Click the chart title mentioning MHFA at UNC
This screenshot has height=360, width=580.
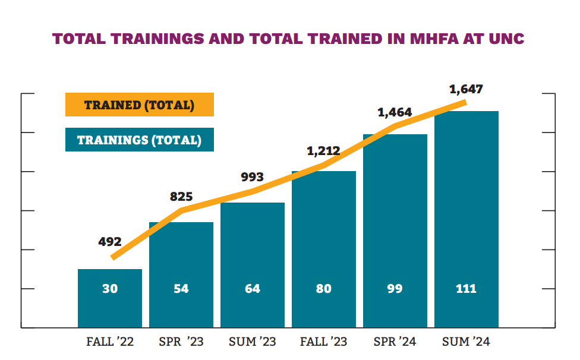(288, 39)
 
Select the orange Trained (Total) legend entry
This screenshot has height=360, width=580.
(139, 106)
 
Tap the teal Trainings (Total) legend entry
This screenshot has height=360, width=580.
(139, 140)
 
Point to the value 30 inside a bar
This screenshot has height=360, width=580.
(110, 289)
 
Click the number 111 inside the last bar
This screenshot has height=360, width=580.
(466, 289)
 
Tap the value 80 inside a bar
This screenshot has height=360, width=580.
(324, 289)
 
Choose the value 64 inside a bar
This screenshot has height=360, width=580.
(253, 289)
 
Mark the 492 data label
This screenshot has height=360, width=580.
(110, 242)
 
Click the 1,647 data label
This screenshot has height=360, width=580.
(466, 90)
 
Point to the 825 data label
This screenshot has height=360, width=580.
(181, 197)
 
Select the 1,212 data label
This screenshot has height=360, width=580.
(323, 151)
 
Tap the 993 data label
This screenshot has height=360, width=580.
(252, 177)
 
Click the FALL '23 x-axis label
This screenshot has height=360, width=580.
(324, 342)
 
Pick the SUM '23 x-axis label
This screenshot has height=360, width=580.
(252, 342)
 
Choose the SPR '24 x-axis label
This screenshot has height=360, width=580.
(395, 342)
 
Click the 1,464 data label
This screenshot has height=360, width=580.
(395, 112)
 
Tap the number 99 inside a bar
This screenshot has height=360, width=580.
(395, 289)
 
